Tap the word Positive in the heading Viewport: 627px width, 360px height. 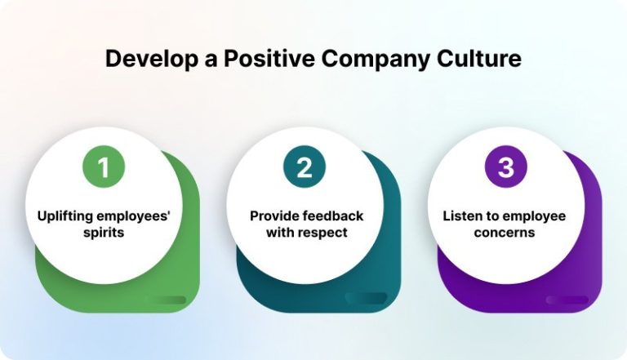pyautogui.click(x=261, y=60)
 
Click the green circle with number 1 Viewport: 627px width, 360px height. pyautogui.click(x=103, y=167)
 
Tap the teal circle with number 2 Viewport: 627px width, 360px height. pyautogui.click(x=305, y=167)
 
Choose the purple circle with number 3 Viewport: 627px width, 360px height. pyautogui.click(x=506, y=167)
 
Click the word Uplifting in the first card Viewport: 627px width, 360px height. pyautogui.click(x=66, y=216)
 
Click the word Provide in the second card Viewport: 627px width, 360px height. pyautogui.click(x=273, y=216)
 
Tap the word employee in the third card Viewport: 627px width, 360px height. pyautogui.click(x=533, y=216)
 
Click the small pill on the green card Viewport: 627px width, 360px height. pyautogui.click(x=165, y=300)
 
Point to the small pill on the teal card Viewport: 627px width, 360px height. pyautogui.click(x=366, y=299)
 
